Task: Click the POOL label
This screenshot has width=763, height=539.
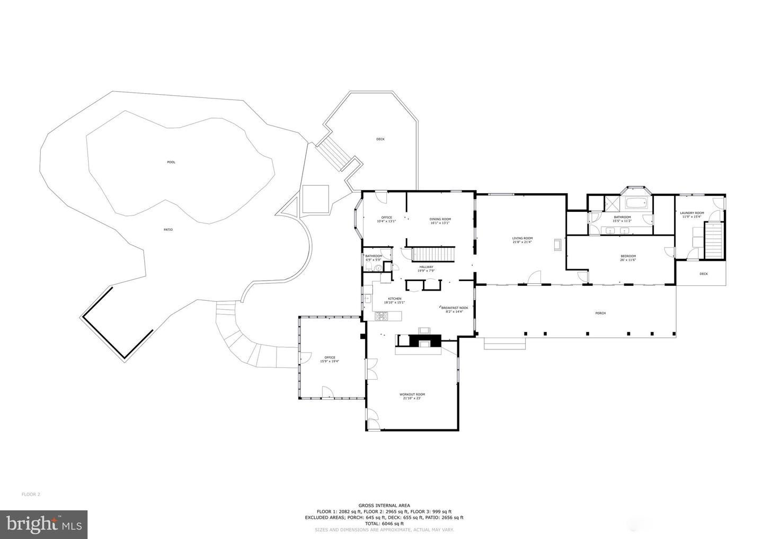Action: (171, 162)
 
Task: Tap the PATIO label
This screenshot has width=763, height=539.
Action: (168, 230)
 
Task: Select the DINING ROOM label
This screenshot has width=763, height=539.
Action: (440, 219)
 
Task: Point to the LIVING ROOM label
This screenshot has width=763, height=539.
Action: (522, 238)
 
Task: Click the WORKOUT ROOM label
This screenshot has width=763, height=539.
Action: (412, 394)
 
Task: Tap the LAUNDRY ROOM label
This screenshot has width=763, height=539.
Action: (692, 213)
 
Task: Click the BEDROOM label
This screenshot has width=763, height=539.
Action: (628, 256)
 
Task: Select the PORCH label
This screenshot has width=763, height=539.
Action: (600, 313)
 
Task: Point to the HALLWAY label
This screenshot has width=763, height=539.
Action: (426, 267)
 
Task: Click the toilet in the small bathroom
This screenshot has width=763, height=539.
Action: (377, 268)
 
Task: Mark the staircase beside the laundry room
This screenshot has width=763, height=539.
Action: (713, 240)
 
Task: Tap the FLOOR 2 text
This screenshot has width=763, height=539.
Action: (31, 495)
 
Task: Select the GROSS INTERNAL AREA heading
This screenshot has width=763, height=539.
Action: (384, 506)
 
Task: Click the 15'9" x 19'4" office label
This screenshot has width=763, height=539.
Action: (329, 360)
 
